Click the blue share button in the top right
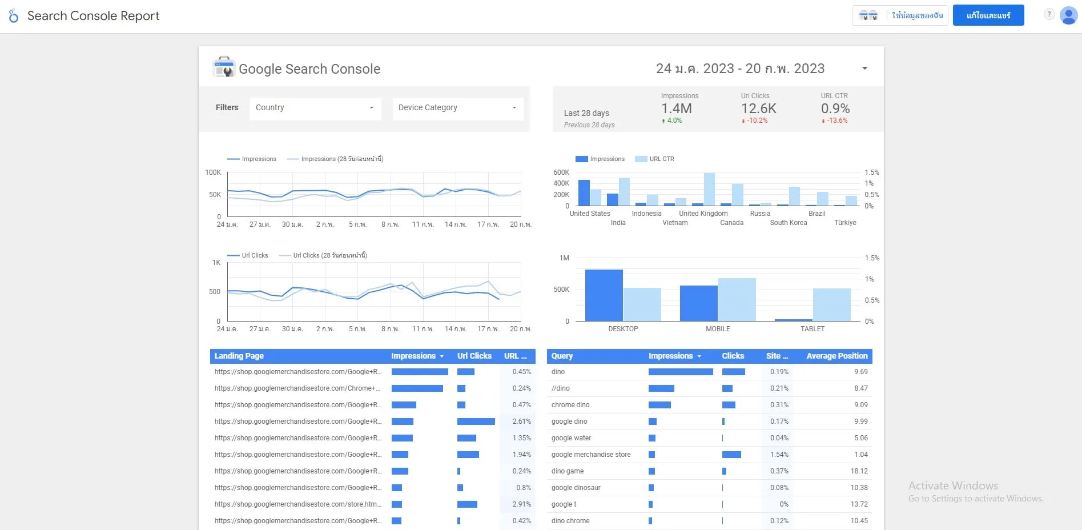coord(988,15)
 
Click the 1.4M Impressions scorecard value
coord(676,109)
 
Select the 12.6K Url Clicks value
coord(758,109)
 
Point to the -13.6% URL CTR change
coord(836,121)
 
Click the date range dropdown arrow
coord(864,69)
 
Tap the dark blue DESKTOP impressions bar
coord(604,295)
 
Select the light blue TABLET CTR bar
coord(831,304)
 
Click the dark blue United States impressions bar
coord(584,193)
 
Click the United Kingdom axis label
coord(703,214)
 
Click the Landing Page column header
coord(239,356)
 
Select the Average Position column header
coord(836,356)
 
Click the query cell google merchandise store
coord(591,455)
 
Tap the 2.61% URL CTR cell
coord(521,421)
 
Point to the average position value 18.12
coord(859,471)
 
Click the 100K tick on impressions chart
coord(213,172)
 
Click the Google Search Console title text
coord(309,69)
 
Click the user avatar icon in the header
coord(1068,15)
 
